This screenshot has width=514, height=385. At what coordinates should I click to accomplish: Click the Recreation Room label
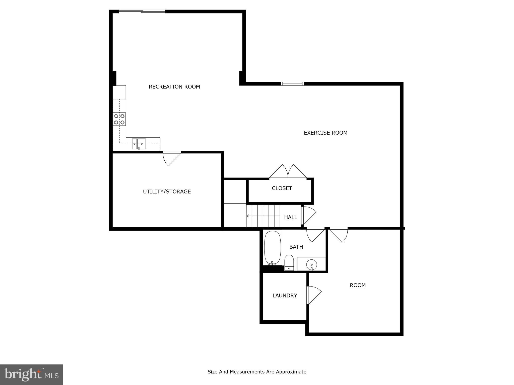tap(174, 87)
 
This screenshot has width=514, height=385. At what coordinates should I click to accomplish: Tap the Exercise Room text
tap(326, 133)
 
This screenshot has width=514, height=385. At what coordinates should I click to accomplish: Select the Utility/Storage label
tap(167, 191)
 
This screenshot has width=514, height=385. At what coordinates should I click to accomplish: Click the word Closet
tap(282, 188)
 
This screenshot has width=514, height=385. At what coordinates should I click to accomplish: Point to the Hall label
tap(290, 217)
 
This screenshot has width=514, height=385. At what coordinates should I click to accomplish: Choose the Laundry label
tap(285, 296)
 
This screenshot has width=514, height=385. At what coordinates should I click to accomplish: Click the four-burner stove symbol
tap(119, 119)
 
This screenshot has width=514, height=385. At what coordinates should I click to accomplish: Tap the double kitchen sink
tap(139, 144)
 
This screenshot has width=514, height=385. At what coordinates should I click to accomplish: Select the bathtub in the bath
tap(272, 248)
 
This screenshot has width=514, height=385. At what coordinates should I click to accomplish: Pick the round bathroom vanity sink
tap(311, 264)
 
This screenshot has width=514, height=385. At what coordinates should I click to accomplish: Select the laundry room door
tap(313, 295)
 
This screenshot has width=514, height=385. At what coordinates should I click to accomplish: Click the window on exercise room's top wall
tap(292, 84)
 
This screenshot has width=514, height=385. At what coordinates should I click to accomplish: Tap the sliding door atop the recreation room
tap(142, 11)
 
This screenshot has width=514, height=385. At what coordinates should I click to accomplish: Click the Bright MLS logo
tap(31, 374)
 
